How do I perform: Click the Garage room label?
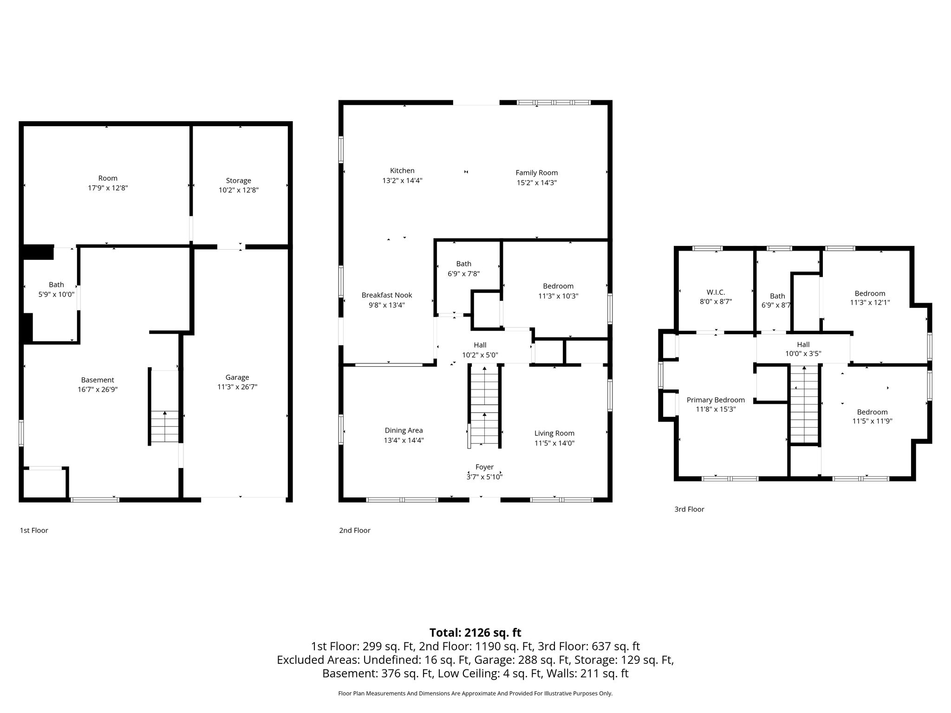tap(237, 377)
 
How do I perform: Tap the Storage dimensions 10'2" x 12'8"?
tap(239, 190)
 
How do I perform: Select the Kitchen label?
tap(402, 171)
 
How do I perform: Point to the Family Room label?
tap(537, 173)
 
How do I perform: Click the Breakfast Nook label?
tap(387, 295)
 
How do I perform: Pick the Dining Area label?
tap(404, 430)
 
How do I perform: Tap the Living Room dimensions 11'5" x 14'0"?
tap(554, 443)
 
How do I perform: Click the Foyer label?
tap(484, 467)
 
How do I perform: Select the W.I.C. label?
tap(716, 292)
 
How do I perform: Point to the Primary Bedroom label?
tap(716, 400)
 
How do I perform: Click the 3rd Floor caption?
tap(689, 509)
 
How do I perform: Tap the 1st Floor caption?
tap(34, 530)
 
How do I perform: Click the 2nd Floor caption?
tap(355, 530)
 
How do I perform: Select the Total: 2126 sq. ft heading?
tap(475, 633)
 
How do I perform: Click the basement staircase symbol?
tap(165, 427)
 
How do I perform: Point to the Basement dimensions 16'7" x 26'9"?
tap(98, 389)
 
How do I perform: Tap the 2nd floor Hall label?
tap(480, 345)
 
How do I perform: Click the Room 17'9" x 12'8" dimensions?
tap(108, 188)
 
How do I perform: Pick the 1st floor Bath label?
tap(57, 285)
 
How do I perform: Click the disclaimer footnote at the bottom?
tap(475, 694)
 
